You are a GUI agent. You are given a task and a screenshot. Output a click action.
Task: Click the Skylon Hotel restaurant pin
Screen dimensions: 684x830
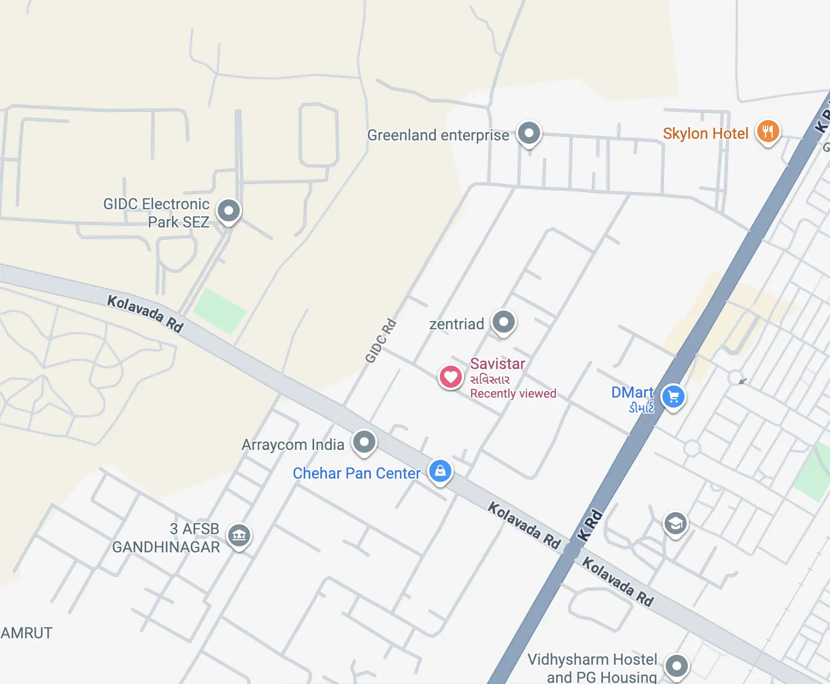point(768,132)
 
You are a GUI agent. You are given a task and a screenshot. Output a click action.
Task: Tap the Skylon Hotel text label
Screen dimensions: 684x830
point(705,134)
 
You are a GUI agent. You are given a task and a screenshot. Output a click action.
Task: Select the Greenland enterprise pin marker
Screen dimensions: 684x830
point(529,133)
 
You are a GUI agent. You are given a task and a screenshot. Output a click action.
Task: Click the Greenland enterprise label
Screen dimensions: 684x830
point(438,135)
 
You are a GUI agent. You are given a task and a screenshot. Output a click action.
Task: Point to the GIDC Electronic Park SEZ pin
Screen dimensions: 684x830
point(229,210)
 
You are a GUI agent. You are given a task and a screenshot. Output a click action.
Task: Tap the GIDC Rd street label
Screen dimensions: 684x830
point(381,341)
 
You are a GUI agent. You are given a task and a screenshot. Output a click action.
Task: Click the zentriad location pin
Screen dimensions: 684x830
point(504,322)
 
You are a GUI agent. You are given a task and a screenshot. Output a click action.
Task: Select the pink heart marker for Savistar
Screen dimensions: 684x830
point(450,377)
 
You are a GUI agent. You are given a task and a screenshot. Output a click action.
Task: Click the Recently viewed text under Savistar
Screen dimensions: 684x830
point(513,394)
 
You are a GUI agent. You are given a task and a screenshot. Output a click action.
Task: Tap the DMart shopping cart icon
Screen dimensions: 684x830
point(673,397)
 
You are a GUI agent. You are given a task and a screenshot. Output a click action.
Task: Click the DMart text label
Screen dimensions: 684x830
point(632,393)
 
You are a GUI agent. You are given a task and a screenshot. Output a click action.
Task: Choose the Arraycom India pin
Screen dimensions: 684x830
point(364,442)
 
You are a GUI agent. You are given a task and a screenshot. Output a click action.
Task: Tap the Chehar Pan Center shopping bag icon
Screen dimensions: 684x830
point(440,471)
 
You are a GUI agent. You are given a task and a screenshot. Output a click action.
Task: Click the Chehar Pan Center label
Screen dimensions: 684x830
point(356,474)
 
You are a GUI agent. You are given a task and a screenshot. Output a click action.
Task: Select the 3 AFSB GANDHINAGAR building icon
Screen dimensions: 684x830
point(239,534)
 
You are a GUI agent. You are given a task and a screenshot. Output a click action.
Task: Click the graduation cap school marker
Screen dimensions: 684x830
point(675,523)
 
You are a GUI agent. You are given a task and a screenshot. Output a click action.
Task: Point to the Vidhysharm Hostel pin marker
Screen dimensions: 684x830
point(677,666)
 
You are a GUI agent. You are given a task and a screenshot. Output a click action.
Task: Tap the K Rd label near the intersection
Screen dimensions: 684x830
point(590,526)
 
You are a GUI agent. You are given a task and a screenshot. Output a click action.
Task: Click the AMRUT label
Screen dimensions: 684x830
point(26,633)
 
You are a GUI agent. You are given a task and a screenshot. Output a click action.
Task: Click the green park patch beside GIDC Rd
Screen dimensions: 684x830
point(220,311)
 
